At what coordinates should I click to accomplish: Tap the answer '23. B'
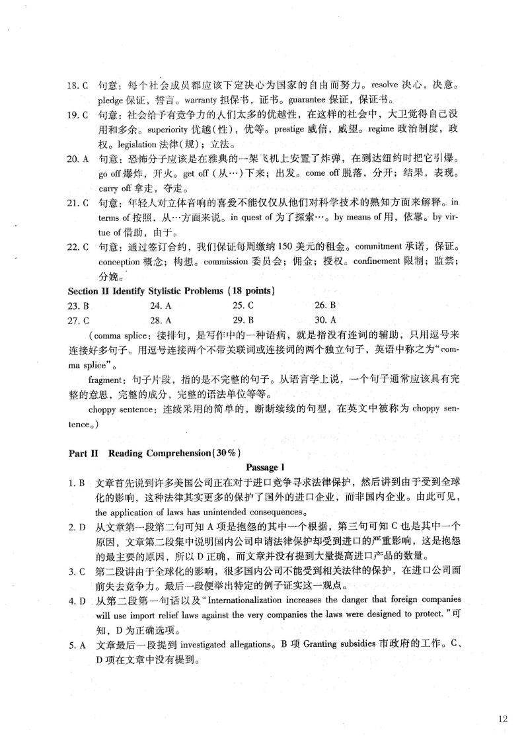pyautogui.click(x=79, y=306)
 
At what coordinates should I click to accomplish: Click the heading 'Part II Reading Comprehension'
pyautogui.click(x=155, y=453)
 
